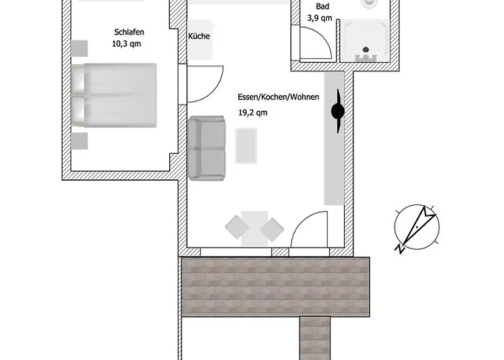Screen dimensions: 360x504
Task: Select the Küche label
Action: coord(199,36)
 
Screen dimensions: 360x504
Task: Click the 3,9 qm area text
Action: coord(320,18)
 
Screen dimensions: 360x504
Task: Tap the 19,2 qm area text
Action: coord(253,112)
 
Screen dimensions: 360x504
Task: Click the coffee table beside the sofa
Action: coord(245,145)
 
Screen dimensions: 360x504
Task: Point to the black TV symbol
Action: coord(337,111)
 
